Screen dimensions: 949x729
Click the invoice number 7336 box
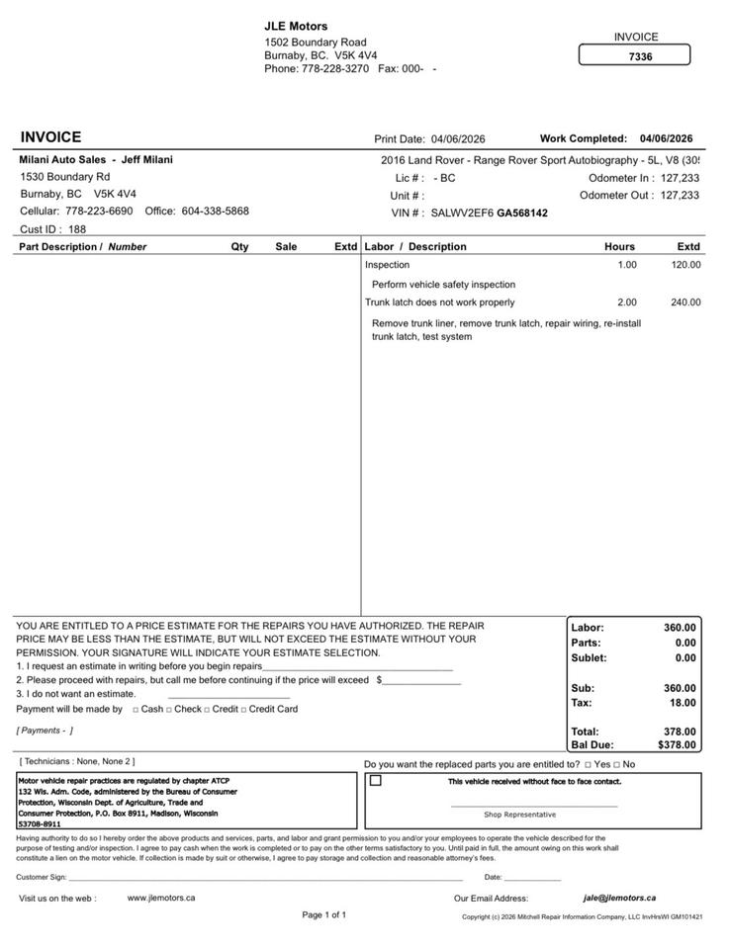(634, 56)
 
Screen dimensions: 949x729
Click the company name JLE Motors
(296, 26)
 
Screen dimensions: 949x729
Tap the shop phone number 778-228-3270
(335, 69)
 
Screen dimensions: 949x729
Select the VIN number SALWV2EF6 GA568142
(489, 213)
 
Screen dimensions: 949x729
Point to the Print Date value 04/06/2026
(458, 139)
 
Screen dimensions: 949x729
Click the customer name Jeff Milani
(146, 160)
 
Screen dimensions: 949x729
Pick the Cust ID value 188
(77, 229)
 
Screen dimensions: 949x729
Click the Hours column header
(619, 246)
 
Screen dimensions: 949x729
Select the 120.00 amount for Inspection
(685, 265)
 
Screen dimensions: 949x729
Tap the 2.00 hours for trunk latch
(627, 302)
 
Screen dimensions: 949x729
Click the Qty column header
(239, 246)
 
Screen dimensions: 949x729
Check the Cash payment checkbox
(136, 710)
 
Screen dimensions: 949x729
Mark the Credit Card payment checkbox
(244, 710)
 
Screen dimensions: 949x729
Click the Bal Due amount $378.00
(677, 745)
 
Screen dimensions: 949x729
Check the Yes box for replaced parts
(588, 765)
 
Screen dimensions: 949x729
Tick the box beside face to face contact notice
(376, 781)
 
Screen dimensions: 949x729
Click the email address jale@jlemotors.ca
(619, 898)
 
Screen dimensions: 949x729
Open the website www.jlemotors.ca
(161, 898)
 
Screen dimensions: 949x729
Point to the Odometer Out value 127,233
(680, 196)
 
